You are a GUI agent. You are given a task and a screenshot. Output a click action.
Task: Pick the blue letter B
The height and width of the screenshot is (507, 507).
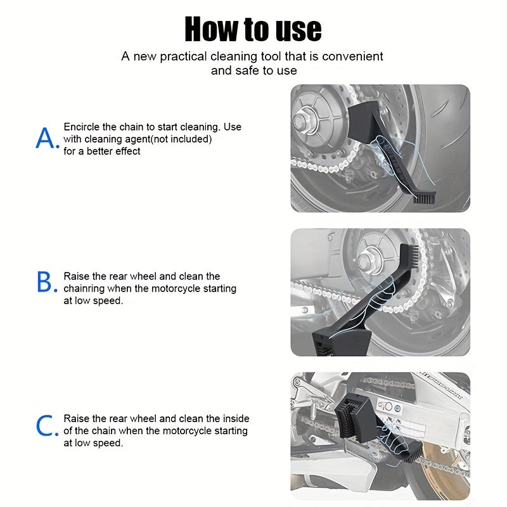coord(47,282)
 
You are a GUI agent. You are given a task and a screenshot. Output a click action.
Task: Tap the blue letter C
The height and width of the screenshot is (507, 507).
coord(47,425)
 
